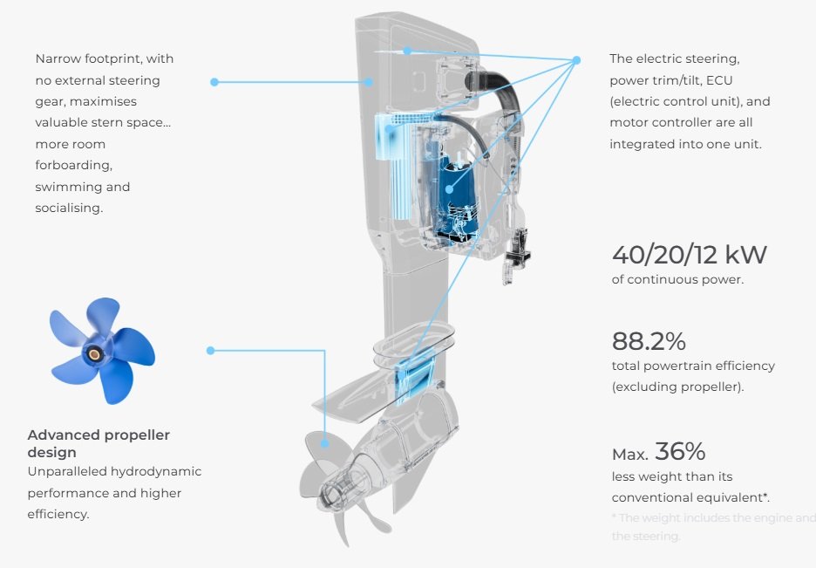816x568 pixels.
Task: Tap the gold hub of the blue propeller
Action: click(92, 352)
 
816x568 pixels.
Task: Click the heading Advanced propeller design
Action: click(99, 443)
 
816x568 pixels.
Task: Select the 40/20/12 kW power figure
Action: click(689, 255)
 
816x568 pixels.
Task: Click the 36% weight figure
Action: click(680, 451)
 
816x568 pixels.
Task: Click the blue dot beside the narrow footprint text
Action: click(214, 82)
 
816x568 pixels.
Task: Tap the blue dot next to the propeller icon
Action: click(210, 351)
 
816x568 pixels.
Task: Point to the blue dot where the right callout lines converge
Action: click(576, 60)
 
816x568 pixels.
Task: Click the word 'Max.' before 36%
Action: click(629, 455)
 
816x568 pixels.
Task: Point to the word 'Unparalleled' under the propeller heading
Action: click(68, 472)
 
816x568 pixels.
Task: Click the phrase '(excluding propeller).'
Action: click(677, 387)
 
